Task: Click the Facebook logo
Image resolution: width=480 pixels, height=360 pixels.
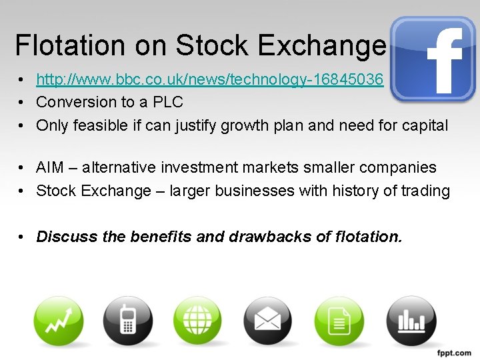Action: pyautogui.click(x=433, y=59)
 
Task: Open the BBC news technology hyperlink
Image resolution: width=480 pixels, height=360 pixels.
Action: pyautogui.click(x=209, y=80)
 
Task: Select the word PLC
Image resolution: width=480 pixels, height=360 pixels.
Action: pyautogui.click(x=168, y=103)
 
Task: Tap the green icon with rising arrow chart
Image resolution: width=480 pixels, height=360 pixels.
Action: pyautogui.click(x=59, y=321)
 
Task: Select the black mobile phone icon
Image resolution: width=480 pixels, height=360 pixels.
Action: pyautogui.click(x=127, y=321)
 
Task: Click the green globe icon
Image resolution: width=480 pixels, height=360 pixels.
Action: pyautogui.click(x=197, y=321)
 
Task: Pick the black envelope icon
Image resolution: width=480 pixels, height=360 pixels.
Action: pyautogui.click(x=267, y=321)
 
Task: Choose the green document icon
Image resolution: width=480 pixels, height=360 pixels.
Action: pyautogui.click(x=339, y=321)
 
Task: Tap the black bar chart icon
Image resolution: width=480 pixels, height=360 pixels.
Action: pyautogui.click(x=410, y=321)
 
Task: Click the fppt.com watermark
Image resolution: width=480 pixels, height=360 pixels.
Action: pyautogui.click(x=453, y=353)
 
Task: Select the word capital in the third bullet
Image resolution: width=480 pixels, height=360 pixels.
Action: pyautogui.click(x=425, y=125)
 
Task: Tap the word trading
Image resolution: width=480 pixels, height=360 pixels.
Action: pyautogui.click(x=425, y=191)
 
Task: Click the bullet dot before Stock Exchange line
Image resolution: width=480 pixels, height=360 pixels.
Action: pyautogui.click(x=22, y=191)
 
